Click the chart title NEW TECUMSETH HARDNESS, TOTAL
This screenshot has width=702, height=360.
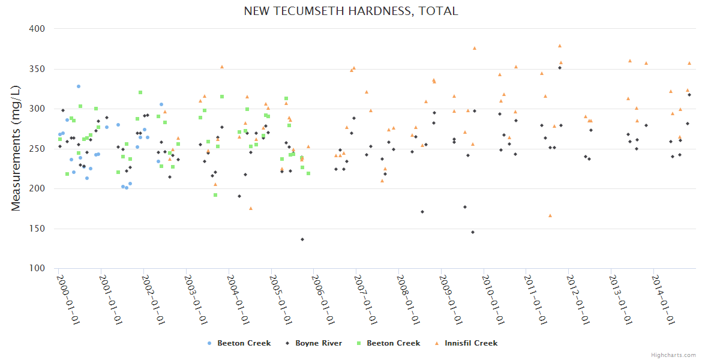pos(351,11)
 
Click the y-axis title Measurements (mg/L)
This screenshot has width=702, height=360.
pos(16,148)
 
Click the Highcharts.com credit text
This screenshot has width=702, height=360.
pos(673,355)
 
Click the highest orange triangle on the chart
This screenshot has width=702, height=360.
pos(560,46)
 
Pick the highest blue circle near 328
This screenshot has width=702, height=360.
pos(78,86)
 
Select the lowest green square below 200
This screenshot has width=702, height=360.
pos(215,195)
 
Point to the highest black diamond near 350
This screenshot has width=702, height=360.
pos(560,68)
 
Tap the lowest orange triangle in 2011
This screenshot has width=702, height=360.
pos(550,215)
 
